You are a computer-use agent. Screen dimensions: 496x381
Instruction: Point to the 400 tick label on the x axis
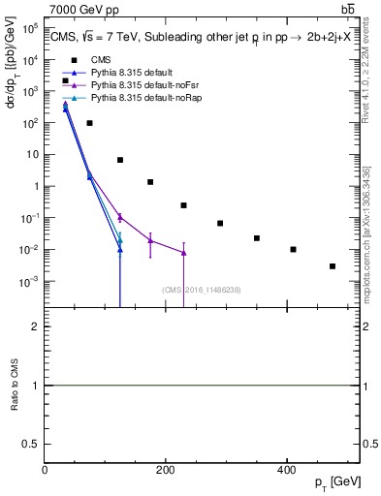coord(286,470)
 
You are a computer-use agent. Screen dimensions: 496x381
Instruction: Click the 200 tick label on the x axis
coord(165,470)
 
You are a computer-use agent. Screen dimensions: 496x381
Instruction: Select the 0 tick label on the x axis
coord(45,470)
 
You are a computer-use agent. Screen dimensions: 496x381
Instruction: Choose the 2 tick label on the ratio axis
coord(35,327)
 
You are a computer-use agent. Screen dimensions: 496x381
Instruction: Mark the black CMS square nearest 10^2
coord(89,123)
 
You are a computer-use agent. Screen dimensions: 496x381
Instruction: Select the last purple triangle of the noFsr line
coord(183,253)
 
